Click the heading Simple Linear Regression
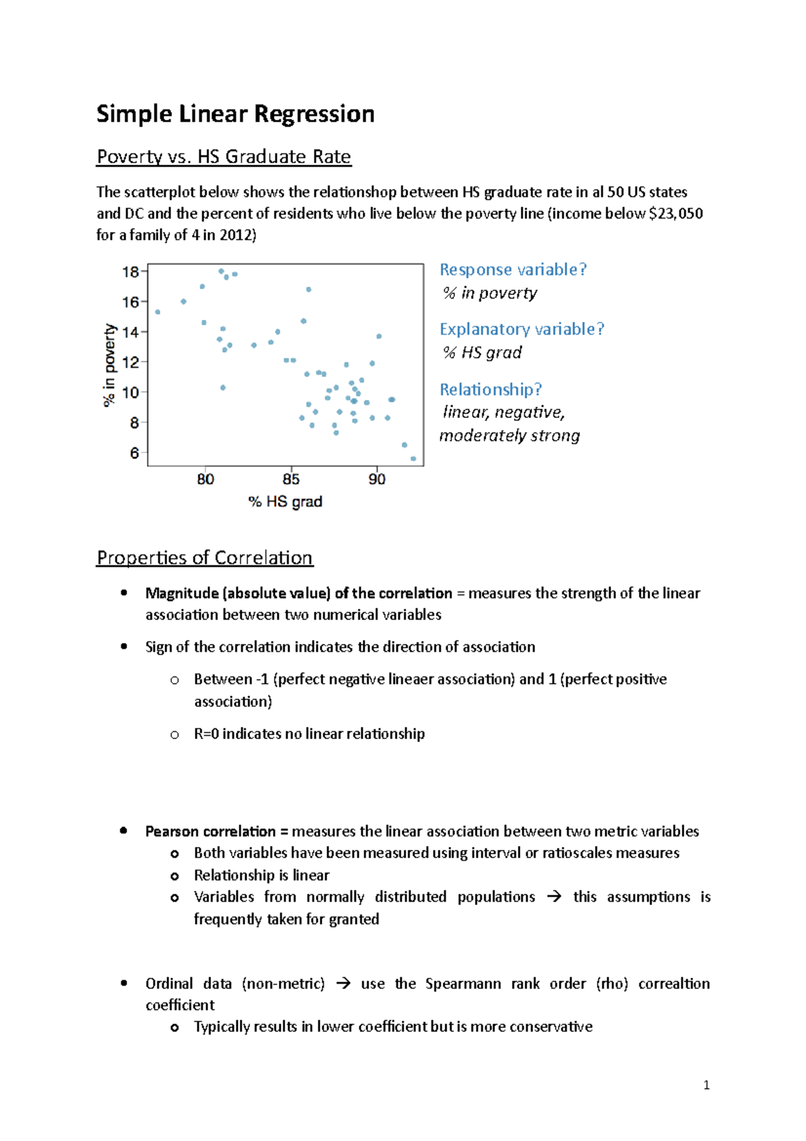pyautogui.click(x=235, y=114)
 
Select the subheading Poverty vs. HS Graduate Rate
pyautogui.click(x=224, y=157)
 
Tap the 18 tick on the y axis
pyautogui.click(x=130, y=272)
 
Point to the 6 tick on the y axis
pyautogui.click(x=134, y=454)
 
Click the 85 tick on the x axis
pyautogui.click(x=291, y=479)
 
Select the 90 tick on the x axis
pyautogui.click(x=377, y=479)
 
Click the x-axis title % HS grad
pyautogui.click(x=285, y=501)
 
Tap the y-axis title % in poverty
pyautogui.click(x=109, y=365)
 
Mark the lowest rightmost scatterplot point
pyautogui.click(x=413, y=459)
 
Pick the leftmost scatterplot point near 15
pyautogui.click(x=158, y=312)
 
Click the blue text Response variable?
pyautogui.click(x=513, y=269)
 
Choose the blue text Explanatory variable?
pyautogui.click(x=522, y=329)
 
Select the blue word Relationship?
pyautogui.click(x=490, y=389)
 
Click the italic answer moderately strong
pyautogui.click(x=509, y=435)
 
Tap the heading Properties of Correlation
pyautogui.click(x=205, y=558)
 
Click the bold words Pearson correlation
pyautogui.click(x=210, y=831)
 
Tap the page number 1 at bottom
pyautogui.click(x=706, y=1085)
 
